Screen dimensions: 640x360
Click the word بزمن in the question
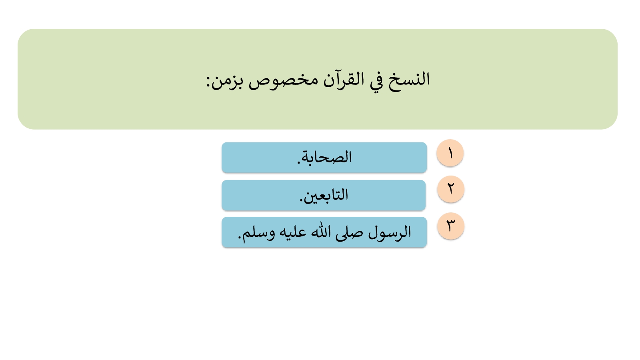coord(227,82)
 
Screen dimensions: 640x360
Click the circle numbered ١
coord(450,153)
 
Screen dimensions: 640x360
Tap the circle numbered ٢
coord(450,189)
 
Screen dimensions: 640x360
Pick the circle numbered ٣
coord(450,226)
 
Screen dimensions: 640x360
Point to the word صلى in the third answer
coord(349,233)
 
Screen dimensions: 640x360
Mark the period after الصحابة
coord(299,162)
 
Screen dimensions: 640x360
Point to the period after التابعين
coord(301,200)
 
